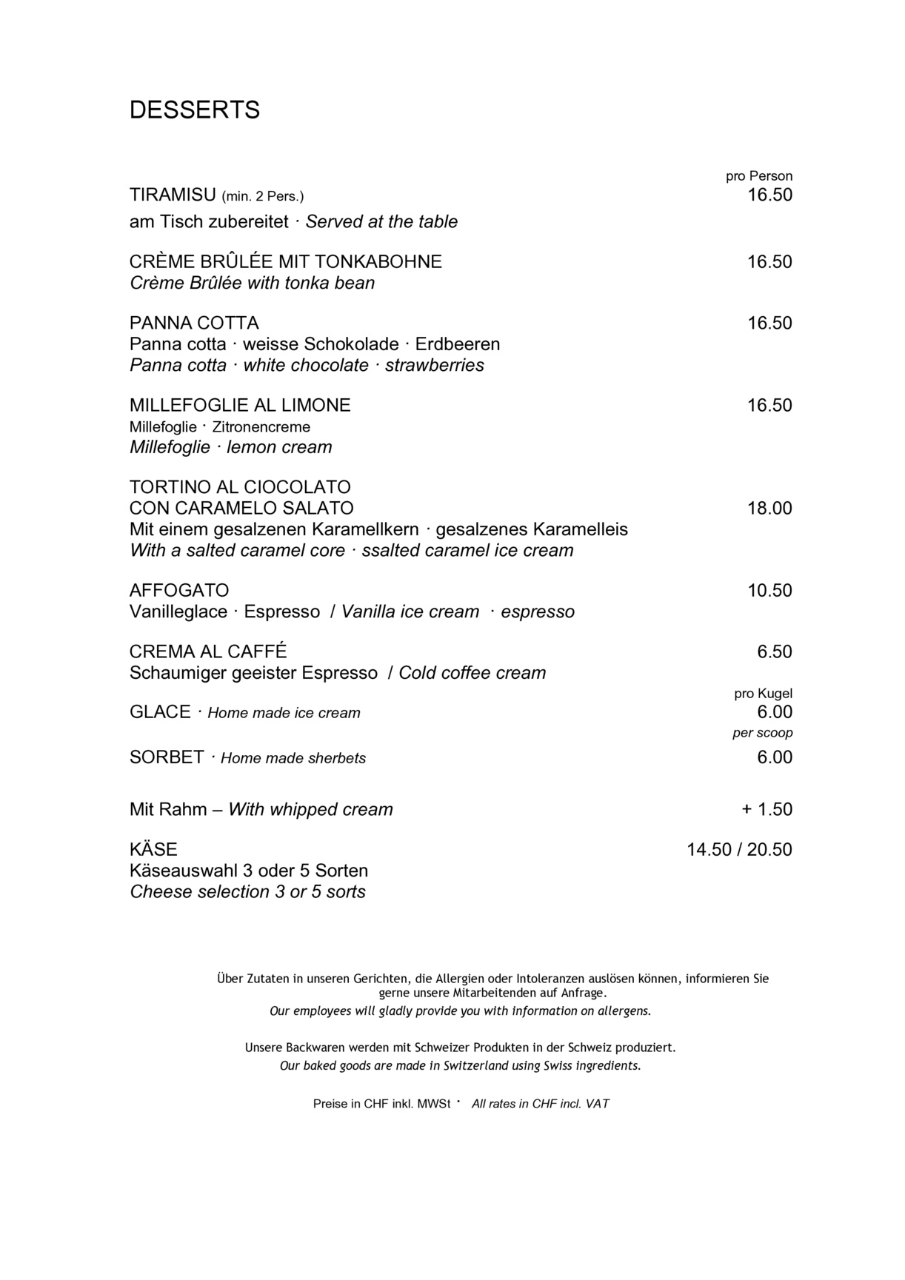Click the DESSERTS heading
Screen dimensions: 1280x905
tap(195, 110)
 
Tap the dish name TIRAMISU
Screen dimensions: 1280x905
tap(172, 195)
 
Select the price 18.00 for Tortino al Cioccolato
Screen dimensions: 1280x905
tap(769, 509)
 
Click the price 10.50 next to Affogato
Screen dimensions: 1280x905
tap(769, 591)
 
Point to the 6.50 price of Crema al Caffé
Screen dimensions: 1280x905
tap(775, 652)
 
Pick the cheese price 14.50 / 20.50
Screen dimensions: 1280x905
tap(739, 850)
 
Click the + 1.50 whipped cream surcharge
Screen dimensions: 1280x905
tap(767, 809)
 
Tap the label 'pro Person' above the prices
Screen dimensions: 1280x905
tap(759, 176)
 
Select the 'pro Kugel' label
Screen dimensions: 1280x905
tap(763, 694)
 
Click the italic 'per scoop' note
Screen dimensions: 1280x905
tap(763, 733)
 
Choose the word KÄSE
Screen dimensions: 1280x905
tap(153, 850)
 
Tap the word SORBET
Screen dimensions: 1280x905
tap(167, 757)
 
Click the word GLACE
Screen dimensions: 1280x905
tap(160, 712)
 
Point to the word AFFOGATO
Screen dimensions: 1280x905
tap(179, 591)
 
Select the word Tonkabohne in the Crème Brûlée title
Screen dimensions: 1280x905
tap(378, 262)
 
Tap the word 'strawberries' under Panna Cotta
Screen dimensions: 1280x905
tap(435, 366)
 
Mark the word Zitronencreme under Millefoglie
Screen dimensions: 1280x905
tap(261, 427)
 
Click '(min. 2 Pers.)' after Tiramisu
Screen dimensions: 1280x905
tap(263, 197)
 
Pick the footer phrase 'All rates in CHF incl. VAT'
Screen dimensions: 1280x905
tap(541, 1104)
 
